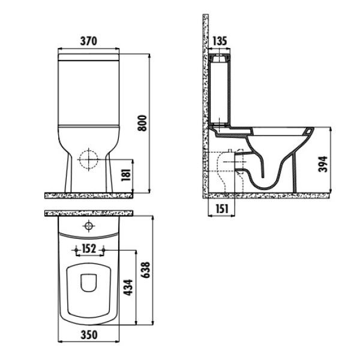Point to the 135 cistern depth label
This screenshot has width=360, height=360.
(220, 41)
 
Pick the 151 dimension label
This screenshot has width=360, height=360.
(220, 208)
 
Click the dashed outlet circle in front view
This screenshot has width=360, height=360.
(89, 160)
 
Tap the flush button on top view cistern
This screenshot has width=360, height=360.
(89, 226)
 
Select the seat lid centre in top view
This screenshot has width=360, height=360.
(89, 282)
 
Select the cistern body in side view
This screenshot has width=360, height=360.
(220, 90)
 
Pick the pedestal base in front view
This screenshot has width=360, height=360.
(89, 180)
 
